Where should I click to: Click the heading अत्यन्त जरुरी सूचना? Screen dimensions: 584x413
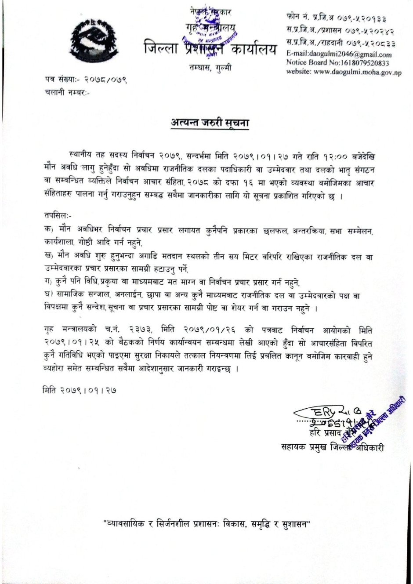pyautogui.click(x=210, y=123)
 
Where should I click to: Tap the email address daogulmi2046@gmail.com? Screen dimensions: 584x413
pyautogui.click(x=339, y=54)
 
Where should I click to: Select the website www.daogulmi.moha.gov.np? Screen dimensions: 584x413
pyautogui.click(x=344, y=72)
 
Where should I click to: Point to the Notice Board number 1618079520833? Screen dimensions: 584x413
pyautogui.click(x=338, y=63)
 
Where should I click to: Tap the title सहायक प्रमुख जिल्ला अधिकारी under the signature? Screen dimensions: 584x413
pyautogui.click(x=333, y=448)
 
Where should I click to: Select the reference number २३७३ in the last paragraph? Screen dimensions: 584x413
pyautogui.click(x=143, y=330)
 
